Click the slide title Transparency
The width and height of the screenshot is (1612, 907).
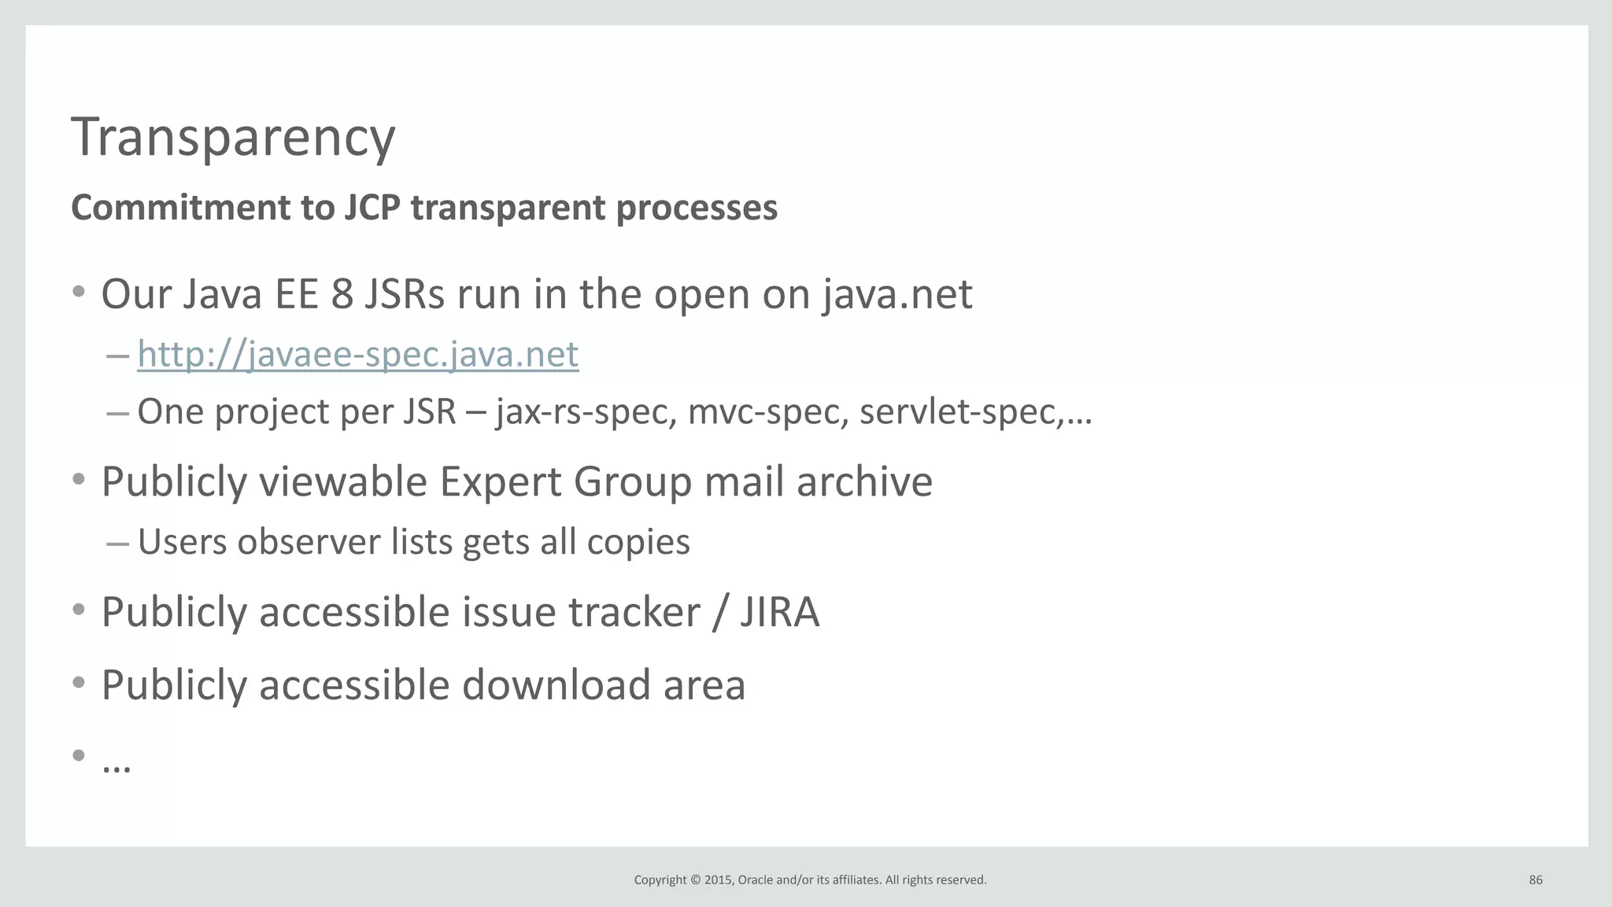(x=233, y=138)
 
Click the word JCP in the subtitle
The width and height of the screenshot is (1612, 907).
(x=372, y=208)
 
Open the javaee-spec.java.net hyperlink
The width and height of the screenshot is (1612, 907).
(x=358, y=354)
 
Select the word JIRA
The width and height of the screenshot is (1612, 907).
(x=780, y=612)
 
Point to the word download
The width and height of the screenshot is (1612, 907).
(x=556, y=685)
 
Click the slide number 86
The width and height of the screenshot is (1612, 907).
(x=1536, y=880)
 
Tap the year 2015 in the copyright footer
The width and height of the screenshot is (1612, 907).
(x=718, y=880)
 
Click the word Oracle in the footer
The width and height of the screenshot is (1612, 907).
(x=756, y=880)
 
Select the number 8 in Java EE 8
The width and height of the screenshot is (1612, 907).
(x=342, y=295)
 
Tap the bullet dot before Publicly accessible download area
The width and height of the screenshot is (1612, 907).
(x=78, y=683)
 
